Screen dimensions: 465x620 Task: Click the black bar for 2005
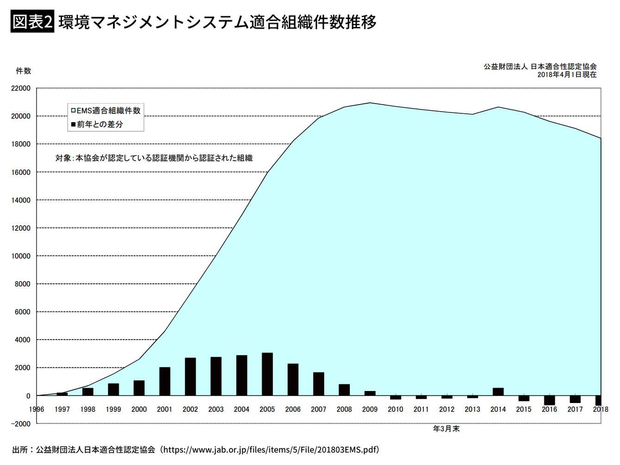(x=267, y=374)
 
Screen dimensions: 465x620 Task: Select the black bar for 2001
(x=164, y=381)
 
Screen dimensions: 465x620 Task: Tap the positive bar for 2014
(x=498, y=392)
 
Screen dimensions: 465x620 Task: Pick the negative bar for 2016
(x=549, y=400)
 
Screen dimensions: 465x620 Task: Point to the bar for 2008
(x=344, y=390)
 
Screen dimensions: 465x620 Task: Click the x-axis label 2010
(x=395, y=409)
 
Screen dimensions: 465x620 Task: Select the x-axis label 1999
(x=113, y=409)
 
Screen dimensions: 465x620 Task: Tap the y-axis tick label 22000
(x=21, y=88)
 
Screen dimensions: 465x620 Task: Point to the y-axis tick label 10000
(x=21, y=256)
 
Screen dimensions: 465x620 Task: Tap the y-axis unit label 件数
(x=24, y=71)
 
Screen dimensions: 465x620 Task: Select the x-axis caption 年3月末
(x=446, y=429)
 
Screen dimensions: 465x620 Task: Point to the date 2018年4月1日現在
(x=567, y=74)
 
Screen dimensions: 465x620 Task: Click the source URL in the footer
(x=271, y=450)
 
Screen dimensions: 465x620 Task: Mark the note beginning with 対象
(x=154, y=158)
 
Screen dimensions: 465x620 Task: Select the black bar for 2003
(x=216, y=376)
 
